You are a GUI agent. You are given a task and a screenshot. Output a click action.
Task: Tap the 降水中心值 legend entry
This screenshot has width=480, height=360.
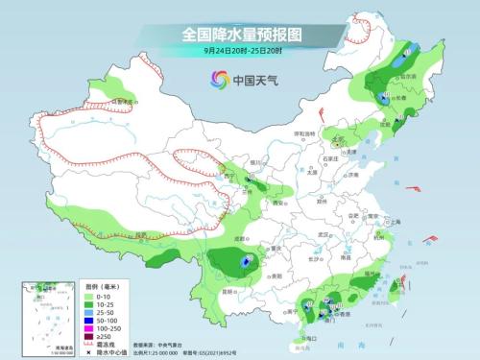105,355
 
